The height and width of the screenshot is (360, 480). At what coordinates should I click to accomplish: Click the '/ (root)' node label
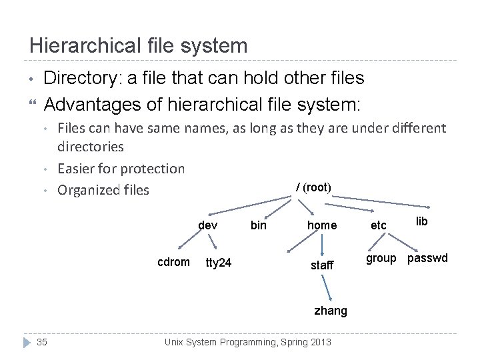pos(313,187)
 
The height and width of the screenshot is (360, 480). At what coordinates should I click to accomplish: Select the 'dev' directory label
pos(208,225)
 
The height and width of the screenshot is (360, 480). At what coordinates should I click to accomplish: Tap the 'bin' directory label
pos(258,225)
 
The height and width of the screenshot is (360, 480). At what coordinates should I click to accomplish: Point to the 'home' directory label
pos(322,225)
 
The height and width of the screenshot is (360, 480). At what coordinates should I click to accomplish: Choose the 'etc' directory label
pos(379,225)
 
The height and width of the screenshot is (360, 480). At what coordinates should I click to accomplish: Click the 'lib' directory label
pos(422,221)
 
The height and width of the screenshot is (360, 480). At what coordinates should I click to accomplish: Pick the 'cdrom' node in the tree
pos(173,262)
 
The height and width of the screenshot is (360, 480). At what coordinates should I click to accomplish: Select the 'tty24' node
pos(219,263)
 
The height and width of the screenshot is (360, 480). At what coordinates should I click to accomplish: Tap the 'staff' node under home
pos(322,265)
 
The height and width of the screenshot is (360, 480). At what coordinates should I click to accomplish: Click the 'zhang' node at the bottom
pos(331,310)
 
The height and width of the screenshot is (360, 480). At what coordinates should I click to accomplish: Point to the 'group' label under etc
pos(381,258)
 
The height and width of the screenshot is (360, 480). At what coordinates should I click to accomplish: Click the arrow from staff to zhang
pos(327,287)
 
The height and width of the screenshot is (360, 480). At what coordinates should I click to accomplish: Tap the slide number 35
pos(41,343)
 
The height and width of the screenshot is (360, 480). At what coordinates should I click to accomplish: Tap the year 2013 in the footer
pos(317,343)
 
